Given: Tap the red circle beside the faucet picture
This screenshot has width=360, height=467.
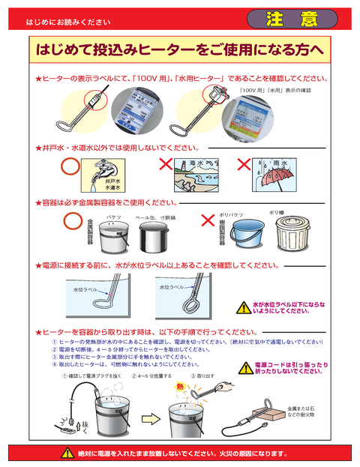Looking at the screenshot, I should pyautogui.click(x=70, y=164).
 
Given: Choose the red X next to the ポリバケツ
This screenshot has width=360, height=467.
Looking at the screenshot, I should pyautogui.click(x=208, y=221).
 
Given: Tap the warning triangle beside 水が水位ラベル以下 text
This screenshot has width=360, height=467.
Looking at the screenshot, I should pyautogui.click(x=242, y=307).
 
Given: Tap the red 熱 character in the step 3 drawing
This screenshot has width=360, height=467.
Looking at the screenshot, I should pyautogui.click(x=180, y=387).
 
